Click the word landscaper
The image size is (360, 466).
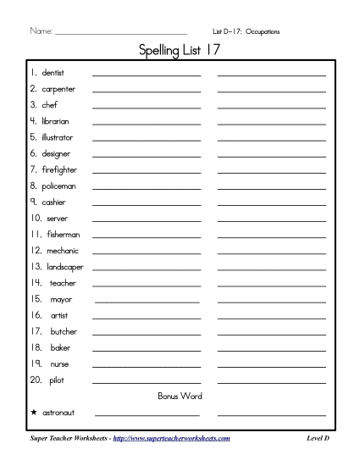65,267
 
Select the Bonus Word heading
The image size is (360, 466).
180,396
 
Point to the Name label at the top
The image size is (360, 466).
40,31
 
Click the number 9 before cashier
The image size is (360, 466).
33,202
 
